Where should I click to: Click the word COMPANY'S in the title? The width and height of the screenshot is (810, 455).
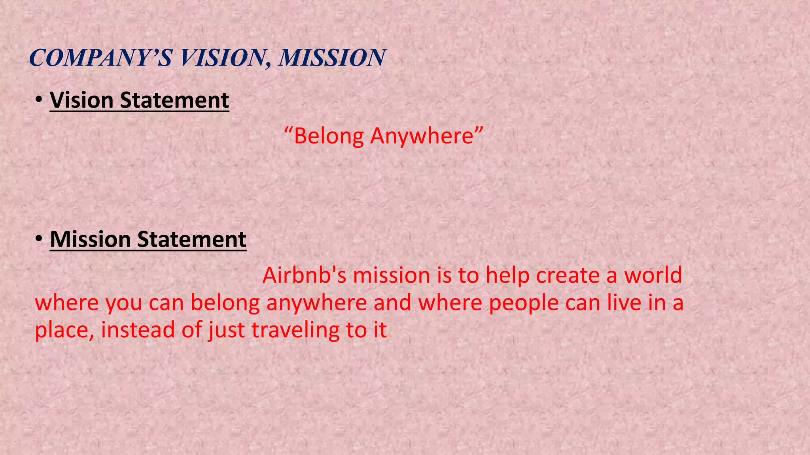tap(101, 58)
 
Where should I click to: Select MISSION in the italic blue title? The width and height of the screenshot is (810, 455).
tap(331, 58)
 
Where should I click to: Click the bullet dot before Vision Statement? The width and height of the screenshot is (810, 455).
tap(38, 100)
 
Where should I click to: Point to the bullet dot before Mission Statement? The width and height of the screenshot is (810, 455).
tap(38, 239)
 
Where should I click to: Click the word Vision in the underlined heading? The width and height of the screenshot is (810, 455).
tap(82, 100)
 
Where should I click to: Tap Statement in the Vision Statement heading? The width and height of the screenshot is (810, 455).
tap(174, 100)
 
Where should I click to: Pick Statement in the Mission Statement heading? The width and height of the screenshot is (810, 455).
tap(192, 239)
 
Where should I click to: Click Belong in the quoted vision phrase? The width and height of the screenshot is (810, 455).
tap(329, 136)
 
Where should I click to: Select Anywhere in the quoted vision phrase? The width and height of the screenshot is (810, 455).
tap(422, 136)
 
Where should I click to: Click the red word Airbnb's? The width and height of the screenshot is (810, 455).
tap(304, 275)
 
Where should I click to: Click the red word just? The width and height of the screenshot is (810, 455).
tap(227, 330)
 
